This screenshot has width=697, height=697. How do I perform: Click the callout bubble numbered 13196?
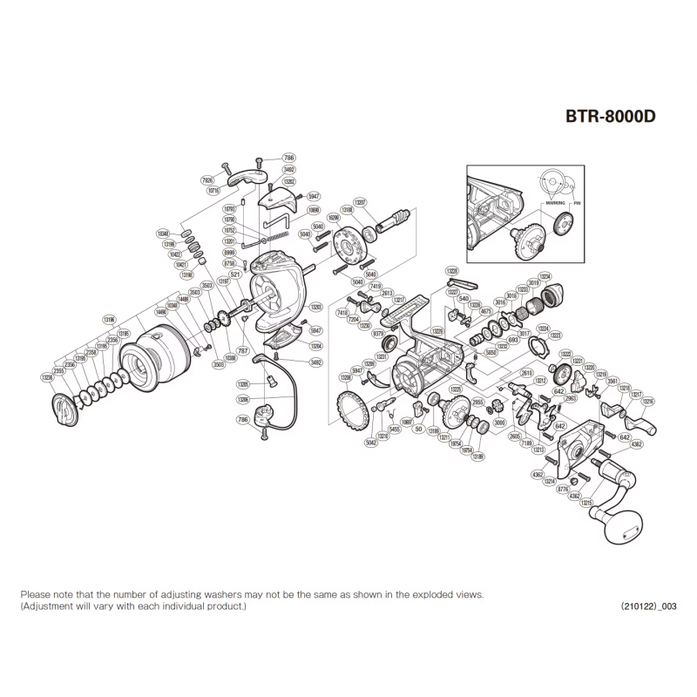109,319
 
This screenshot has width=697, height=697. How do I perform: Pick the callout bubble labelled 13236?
47,377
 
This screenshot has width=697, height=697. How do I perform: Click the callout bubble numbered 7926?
206,181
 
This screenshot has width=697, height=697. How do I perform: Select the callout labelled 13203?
315,307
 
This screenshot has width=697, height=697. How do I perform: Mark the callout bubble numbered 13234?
545,276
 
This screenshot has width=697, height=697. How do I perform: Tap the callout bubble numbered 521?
234,274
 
